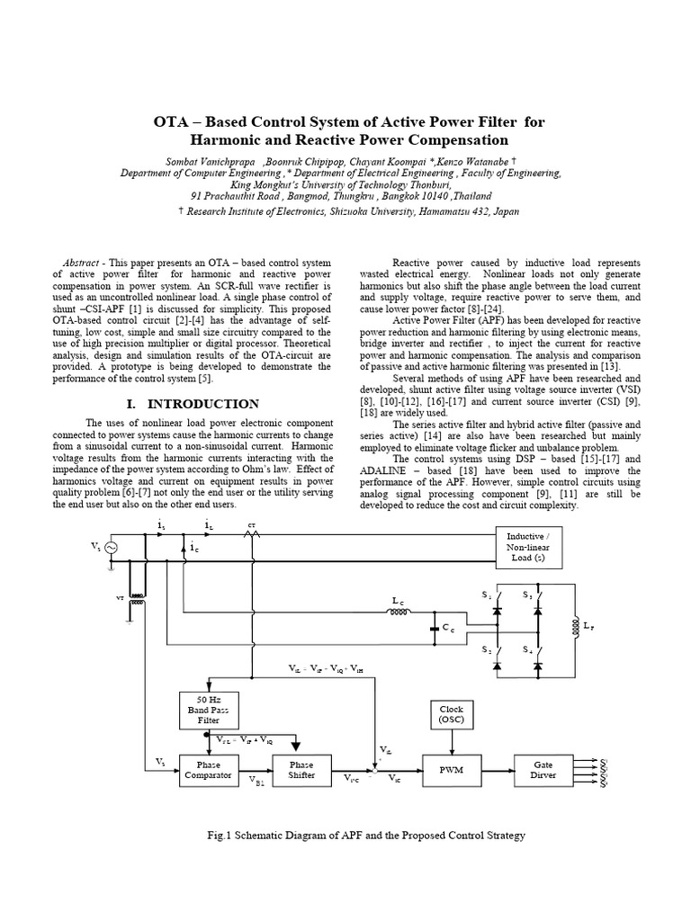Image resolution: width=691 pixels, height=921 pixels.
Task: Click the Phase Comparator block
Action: pyautogui.click(x=208, y=769)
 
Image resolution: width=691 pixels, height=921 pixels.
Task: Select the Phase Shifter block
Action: pyautogui.click(x=301, y=769)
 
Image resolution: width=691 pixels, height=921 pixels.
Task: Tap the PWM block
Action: pyautogui.click(x=449, y=770)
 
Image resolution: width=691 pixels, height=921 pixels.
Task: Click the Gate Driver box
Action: pyautogui.click(x=543, y=769)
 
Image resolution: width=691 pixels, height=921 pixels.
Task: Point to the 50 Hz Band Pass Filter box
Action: pyautogui.click(x=208, y=710)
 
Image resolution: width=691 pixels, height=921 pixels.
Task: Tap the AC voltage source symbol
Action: pyautogui.click(x=113, y=547)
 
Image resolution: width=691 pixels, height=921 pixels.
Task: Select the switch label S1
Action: pyautogui.click(x=489, y=595)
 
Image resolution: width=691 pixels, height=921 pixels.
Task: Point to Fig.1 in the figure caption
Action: pyautogui.click(x=220, y=836)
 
